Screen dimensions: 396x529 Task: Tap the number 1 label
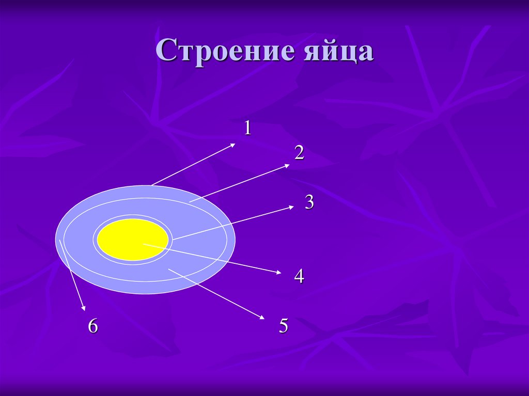tap(247, 128)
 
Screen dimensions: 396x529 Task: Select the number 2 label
tap(299, 152)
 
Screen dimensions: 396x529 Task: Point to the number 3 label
tap(309, 202)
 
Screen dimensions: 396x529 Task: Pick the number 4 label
tap(299, 276)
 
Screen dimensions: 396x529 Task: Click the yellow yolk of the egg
tap(133, 239)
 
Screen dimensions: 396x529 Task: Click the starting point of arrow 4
tap(143, 244)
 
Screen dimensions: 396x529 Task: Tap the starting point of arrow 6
tap(60, 240)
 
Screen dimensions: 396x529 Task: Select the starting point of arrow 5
tap(169, 269)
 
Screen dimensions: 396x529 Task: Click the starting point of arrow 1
tap(151, 185)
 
